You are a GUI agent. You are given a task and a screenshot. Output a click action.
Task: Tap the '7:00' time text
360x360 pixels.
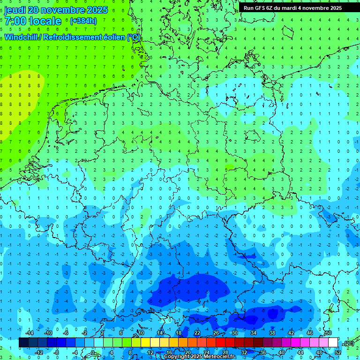15,21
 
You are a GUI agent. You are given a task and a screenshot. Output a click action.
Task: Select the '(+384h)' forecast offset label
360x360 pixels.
83,21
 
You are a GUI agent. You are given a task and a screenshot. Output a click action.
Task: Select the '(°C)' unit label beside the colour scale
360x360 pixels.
348,343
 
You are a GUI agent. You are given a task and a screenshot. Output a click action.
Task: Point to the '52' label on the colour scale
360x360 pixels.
338,352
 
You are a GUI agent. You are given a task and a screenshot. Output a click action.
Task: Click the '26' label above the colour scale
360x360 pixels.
216,333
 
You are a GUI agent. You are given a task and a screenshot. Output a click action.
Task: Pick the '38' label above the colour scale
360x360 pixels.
272,333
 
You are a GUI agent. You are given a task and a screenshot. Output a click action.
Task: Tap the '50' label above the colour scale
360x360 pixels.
328,333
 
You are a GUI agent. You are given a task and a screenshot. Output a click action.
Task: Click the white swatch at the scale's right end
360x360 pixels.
333,343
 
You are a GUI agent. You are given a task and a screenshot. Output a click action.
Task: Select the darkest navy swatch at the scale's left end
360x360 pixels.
23,343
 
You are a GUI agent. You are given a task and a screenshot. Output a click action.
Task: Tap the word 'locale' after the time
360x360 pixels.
45,21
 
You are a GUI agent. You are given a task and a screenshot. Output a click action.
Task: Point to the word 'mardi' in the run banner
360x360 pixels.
289,8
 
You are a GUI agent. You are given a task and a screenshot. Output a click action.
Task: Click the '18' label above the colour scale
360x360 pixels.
178,333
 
